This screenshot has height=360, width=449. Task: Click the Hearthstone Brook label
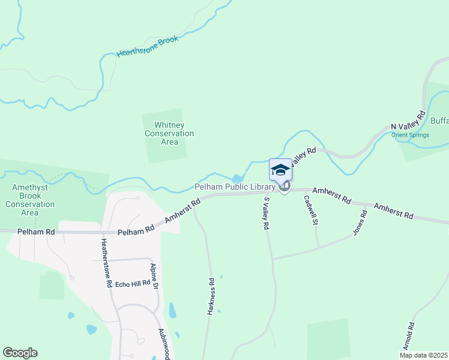[x=148, y=46]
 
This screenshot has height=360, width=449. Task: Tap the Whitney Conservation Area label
[x=169, y=133]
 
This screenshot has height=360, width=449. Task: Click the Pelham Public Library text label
[x=234, y=187]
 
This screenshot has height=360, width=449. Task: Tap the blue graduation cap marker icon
[x=280, y=170]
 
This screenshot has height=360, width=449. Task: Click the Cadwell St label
[x=310, y=210]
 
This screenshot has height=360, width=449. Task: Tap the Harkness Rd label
[x=211, y=296]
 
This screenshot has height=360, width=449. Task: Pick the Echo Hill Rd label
[x=132, y=283]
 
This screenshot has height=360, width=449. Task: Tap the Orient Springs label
[x=410, y=135]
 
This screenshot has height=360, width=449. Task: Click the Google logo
[x=20, y=353]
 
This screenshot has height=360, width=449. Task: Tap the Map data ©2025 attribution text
[x=424, y=355]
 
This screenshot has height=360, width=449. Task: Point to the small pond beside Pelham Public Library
[x=238, y=178]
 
